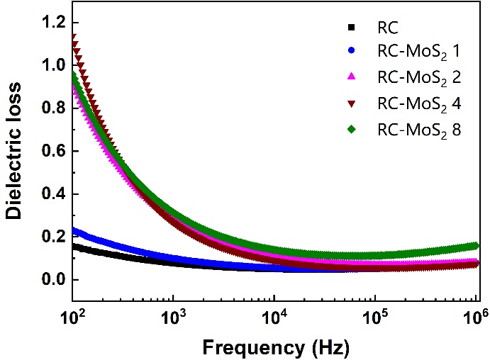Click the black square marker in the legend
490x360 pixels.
pos(350,28)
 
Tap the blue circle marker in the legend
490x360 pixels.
pos(350,53)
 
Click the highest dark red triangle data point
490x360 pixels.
pos(73,37)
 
